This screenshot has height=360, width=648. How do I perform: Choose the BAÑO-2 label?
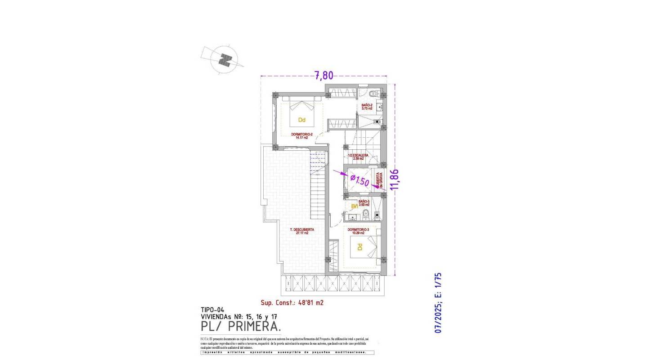pos(367,107)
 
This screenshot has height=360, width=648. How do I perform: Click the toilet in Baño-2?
pos(373,94)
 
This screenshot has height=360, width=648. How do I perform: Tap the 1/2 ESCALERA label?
pos(358,157)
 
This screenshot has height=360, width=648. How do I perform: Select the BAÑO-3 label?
pos(364,203)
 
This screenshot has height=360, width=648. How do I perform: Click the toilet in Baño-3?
pos(366,214)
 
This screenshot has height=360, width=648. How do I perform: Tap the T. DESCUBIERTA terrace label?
pos(302,231)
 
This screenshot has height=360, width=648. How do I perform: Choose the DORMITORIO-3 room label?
pos(358,231)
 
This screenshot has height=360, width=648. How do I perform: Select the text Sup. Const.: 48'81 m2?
pos(292,303)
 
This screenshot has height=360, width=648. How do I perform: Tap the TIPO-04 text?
pos(212,310)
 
